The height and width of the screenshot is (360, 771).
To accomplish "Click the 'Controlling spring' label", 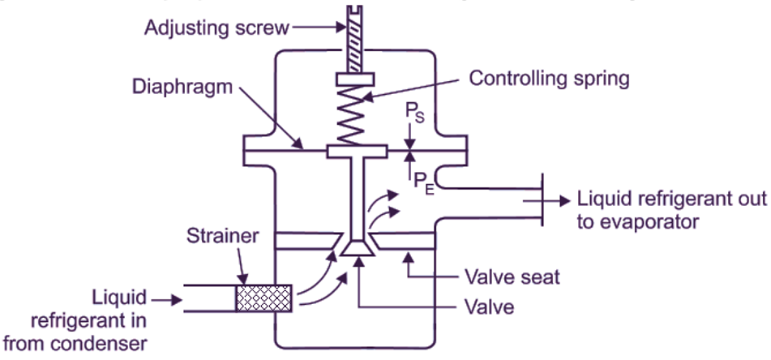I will [550, 79].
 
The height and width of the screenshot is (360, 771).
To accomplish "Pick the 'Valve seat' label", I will [511, 277].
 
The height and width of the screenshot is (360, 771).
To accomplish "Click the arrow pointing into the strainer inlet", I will [166, 299].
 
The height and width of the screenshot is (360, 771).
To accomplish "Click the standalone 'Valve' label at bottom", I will [490, 307].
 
